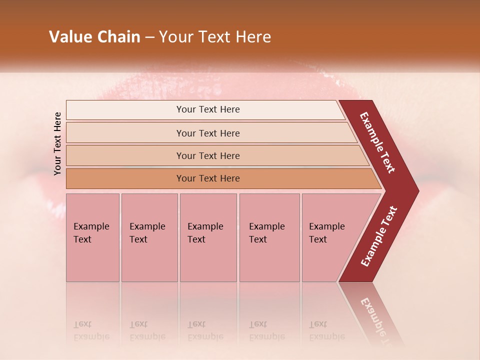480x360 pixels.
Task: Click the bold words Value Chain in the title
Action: [x=94, y=37]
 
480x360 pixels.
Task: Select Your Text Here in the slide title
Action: [x=215, y=37]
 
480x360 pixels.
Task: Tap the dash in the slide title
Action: [x=149, y=37]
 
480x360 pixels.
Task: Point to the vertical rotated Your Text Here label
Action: [x=57, y=143]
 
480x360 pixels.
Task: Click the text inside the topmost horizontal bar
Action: [x=208, y=109]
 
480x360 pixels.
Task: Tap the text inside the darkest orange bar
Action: [x=208, y=178]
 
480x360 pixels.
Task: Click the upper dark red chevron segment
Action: [x=378, y=143]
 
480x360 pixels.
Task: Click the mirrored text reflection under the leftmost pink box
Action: [x=91, y=330]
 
